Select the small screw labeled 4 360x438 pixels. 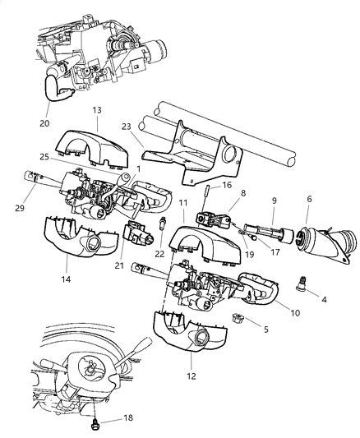tap(301, 285)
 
